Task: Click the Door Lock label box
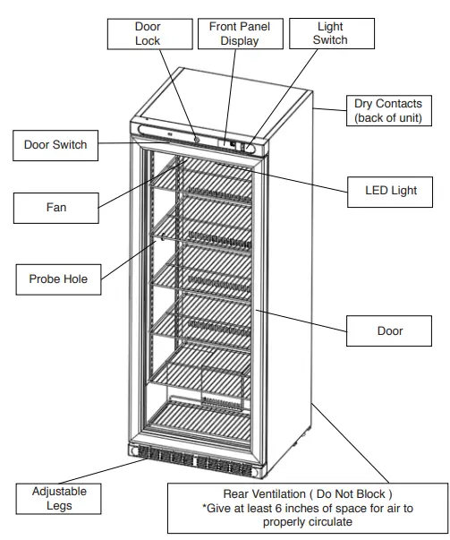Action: pyautogui.click(x=148, y=34)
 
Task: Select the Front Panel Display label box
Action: pyautogui.click(x=239, y=34)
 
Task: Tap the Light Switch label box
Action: pyautogui.click(x=330, y=34)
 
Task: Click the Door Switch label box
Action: pyautogui.click(x=56, y=145)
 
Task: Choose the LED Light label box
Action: pyautogui.click(x=391, y=191)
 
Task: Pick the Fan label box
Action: pyautogui.click(x=56, y=208)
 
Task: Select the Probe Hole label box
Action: pyautogui.click(x=56, y=279)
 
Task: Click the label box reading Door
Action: pyautogui.click(x=390, y=331)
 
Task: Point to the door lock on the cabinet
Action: pyautogui.click(x=195, y=139)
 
